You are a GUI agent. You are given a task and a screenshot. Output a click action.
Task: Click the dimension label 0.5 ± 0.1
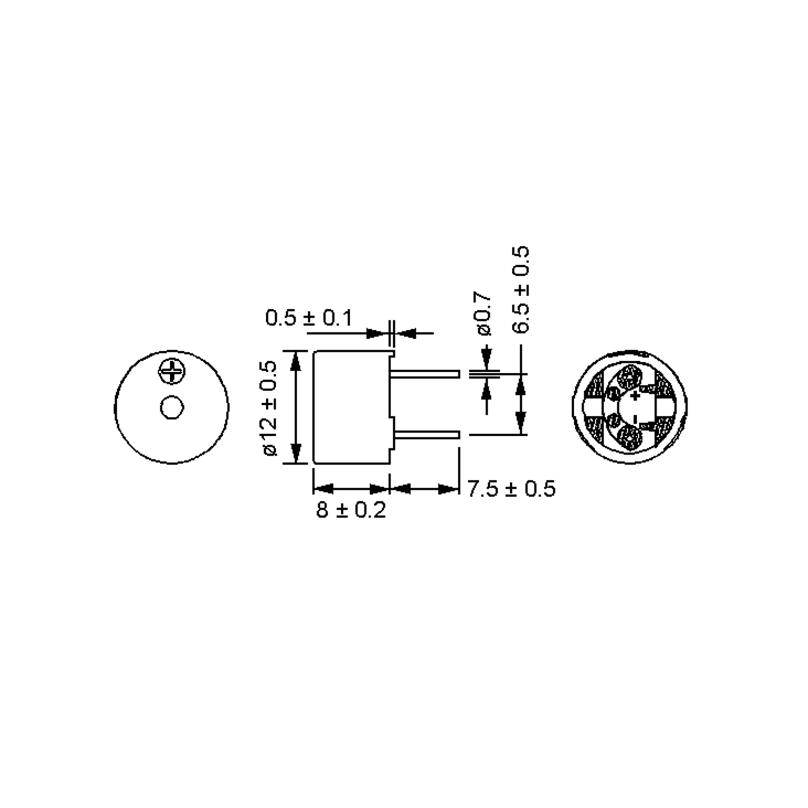tap(309, 318)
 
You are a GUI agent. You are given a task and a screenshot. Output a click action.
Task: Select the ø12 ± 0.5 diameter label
tap(270, 408)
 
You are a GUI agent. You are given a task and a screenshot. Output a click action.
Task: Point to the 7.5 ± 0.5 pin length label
tap(511, 489)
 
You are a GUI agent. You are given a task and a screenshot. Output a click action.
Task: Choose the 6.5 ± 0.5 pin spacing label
tap(521, 290)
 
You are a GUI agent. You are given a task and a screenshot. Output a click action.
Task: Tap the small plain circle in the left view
tap(172, 407)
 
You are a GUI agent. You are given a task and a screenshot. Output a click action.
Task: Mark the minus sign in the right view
tap(635, 418)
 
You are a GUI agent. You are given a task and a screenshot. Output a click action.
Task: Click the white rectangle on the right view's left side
tap(594, 407)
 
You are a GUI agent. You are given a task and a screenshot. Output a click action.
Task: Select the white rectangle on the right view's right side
tap(665, 407)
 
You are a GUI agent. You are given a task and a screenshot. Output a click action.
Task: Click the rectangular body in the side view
tap(350, 407)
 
